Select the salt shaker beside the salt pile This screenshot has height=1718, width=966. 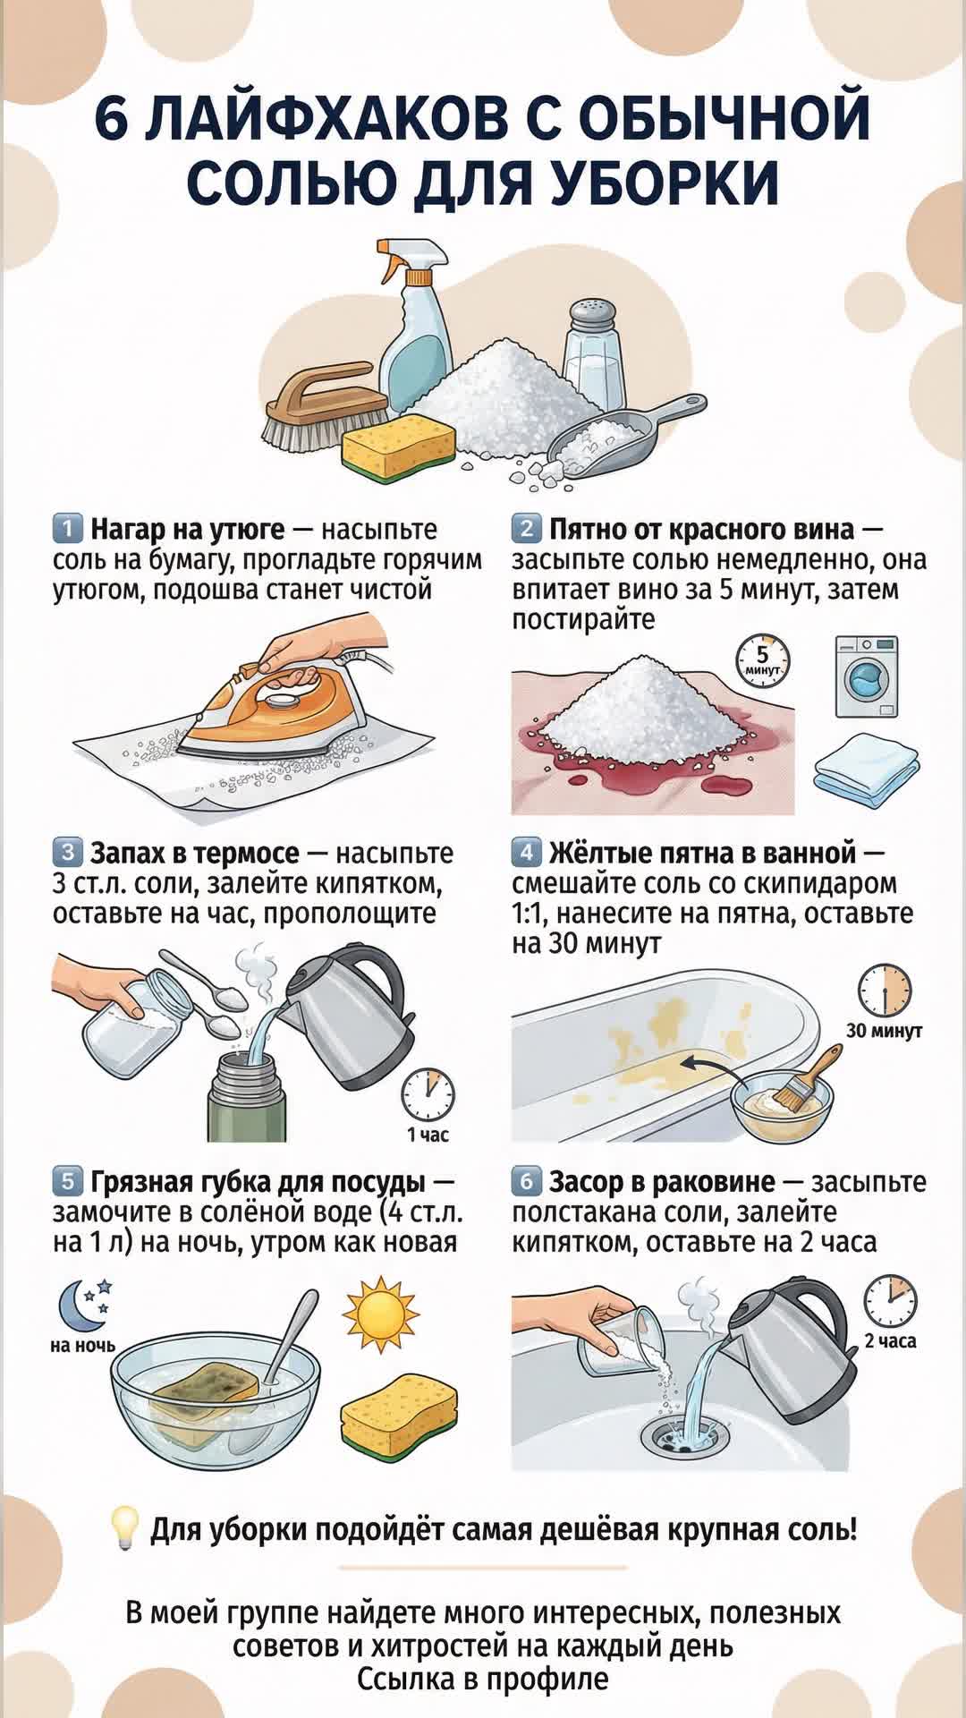click(594, 353)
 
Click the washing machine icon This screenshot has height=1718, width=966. click(866, 676)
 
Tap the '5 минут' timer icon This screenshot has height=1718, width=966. click(763, 659)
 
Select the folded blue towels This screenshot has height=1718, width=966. click(866, 766)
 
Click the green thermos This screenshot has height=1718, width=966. click(249, 1098)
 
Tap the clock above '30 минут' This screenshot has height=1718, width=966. click(885, 991)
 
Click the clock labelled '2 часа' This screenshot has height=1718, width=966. click(890, 1301)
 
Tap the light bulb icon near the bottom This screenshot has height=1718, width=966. click(123, 1529)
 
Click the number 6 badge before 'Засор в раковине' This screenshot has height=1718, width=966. click(526, 1182)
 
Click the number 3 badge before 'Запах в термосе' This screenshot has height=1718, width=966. click(67, 851)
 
